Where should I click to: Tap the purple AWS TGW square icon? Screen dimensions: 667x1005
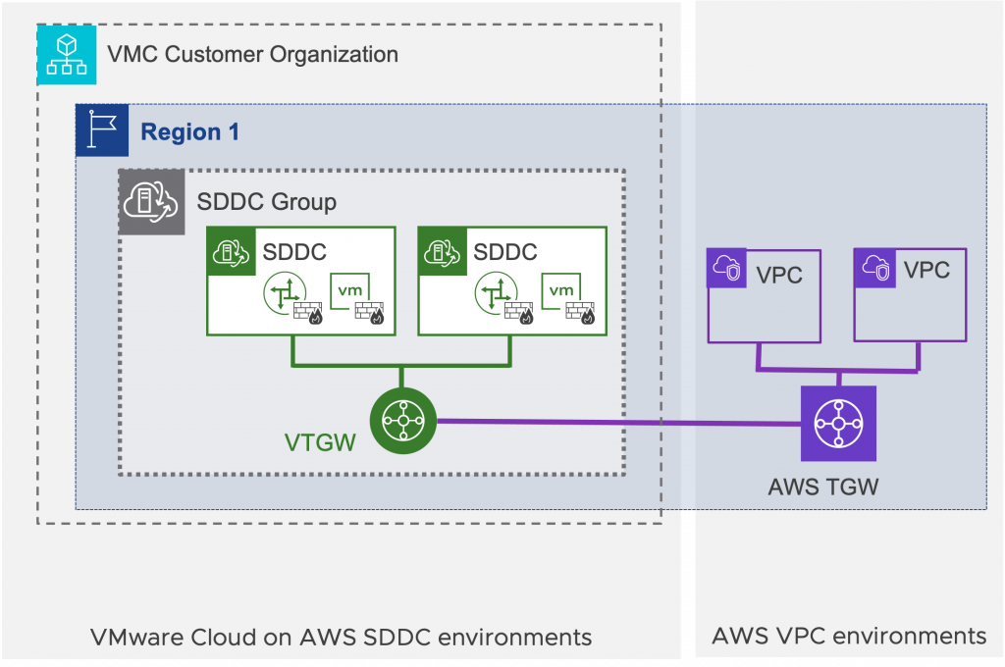[837, 424]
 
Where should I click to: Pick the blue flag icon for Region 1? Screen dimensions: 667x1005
[102, 130]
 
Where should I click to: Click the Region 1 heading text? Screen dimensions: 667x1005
[189, 131]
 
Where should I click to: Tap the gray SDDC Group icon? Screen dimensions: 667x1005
[151, 202]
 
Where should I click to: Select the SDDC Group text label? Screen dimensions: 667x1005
[266, 202]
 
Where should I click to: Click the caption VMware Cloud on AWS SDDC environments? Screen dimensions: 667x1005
[341, 637]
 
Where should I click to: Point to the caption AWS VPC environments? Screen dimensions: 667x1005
[849, 637]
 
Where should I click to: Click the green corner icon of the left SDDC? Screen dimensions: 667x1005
[232, 251]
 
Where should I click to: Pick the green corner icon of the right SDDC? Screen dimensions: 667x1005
[443, 251]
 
